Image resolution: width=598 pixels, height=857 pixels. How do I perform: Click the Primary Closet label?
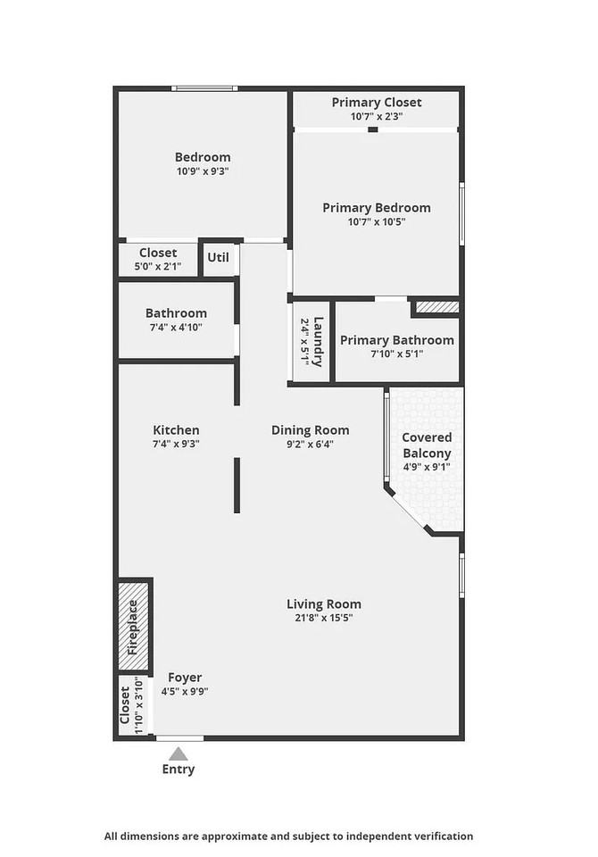pyautogui.click(x=377, y=102)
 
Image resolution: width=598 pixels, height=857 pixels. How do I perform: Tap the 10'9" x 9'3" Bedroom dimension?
pyautogui.click(x=203, y=171)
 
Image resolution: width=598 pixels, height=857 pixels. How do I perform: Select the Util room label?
pyautogui.click(x=218, y=257)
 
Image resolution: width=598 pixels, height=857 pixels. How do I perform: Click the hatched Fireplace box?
pyautogui.click(x=134, y=626)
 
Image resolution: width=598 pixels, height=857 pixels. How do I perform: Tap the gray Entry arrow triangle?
pyautogui.click(x=179, y=754)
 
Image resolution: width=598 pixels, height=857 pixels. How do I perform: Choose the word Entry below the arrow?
pyautogui.click(x=179, y=769)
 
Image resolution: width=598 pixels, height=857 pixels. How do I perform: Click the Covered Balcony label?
pyautogui.click(x=427, y=445)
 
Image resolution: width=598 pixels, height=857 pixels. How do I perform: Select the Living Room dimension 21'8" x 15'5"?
pyautogui.click(x=324, y=618)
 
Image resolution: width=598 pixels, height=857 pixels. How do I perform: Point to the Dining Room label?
pyautogui.click(x=310, y=430)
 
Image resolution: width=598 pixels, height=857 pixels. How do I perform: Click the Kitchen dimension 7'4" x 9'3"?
pyautogui.click(x=176, y=444)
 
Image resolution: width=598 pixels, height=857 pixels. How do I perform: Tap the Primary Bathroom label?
pyautogui.click(x=397, y=340)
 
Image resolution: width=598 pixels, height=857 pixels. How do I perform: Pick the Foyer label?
pyautogui.click(x=185, y=678)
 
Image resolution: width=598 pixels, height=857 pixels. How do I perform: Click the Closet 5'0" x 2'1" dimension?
pyautogui.click(x=158, y=267)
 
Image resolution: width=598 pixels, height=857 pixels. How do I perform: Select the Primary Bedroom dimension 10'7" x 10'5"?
pyautogui.click(x=377, y=221)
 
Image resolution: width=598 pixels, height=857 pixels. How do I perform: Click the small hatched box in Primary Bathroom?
pyautogui.click(x=437, y=306)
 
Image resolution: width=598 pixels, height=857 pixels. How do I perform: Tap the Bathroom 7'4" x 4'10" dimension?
pyautogui.click(x=176, y=327)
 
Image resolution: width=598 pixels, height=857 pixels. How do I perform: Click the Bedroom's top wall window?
pyautogui.click(x=204, y=88)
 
